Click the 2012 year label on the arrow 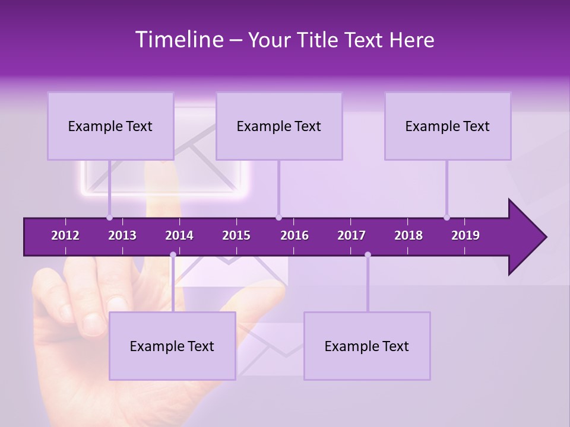pyautogui.click(x=65, y=235)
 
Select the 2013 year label pyautogui.click(x=122, y=235)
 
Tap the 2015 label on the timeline pyautogui.click(x=236, y=235)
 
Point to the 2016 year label pyautogui.click(x=294, y=235)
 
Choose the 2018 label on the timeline pyautogui.click(x=408, y=235)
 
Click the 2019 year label pyautogui.click(x=465, y=235)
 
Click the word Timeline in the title pyautogui.click(x=178, y=40)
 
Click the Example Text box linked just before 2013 pyautogui.click(x=110, y=126)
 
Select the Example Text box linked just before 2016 pyautogui.click(x=279, y=126)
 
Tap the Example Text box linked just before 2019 pyautogui.click(x=448, y=126)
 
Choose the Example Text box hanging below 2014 pyautogui.click(x=172, y=346)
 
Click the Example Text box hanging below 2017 pyautogui.click(x=367, y=346)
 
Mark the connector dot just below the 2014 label pyautogui.click(x=173, y=255)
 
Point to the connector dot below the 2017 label pyautogui.click(x=368, y=255)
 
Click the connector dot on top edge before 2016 pyautogui.click(x=278, y=217)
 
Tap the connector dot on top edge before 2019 pyautogui.click(x=446, y=217)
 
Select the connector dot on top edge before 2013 pyautogui.click(x=109, y=217)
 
